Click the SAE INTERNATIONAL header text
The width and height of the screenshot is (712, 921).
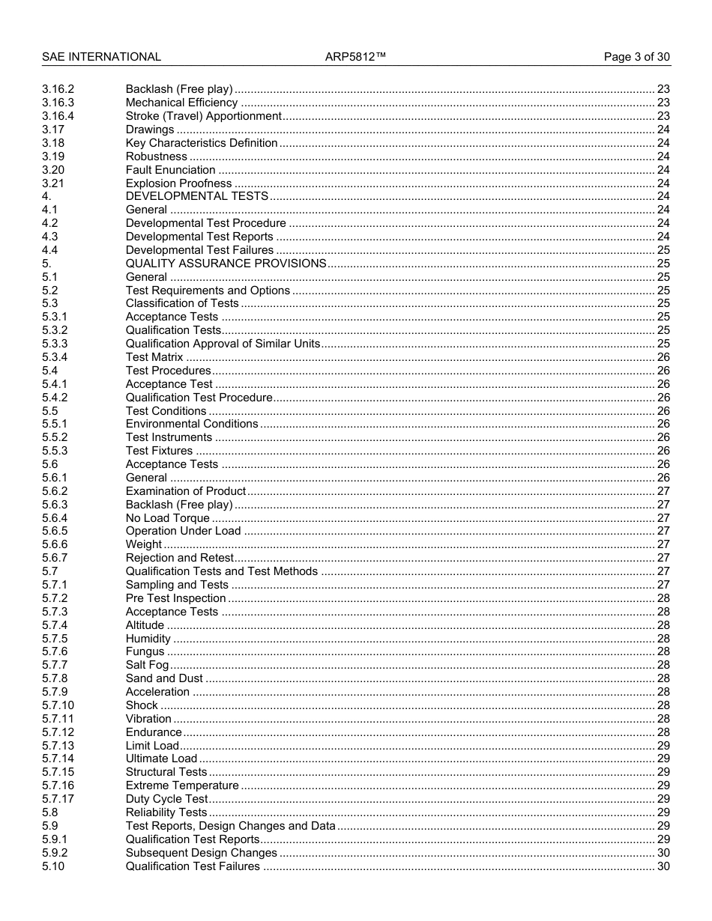click(101, 57)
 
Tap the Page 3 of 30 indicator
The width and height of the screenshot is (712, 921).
click(637, 57)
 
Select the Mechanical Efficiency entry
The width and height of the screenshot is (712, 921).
click(181, 103)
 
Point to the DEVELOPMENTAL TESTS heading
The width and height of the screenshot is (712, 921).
click(196, 196)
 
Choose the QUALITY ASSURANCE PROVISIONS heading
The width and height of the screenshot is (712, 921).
click(226, 264)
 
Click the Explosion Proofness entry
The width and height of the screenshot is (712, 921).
click(178, 183)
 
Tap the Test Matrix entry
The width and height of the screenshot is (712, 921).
click(154, 357)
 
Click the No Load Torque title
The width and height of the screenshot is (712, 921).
click(167, 518)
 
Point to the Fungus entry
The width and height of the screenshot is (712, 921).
click(145, 651)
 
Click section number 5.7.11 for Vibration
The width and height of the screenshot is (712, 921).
click(58, 719)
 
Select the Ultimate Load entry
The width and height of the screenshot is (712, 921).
click(161, 759)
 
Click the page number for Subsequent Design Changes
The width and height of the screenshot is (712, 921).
click(663, 853)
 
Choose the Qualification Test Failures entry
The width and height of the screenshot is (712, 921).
click(193, 866)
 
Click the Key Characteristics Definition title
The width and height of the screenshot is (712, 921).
click(201, 143)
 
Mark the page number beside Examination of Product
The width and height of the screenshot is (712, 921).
click(663, 491)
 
